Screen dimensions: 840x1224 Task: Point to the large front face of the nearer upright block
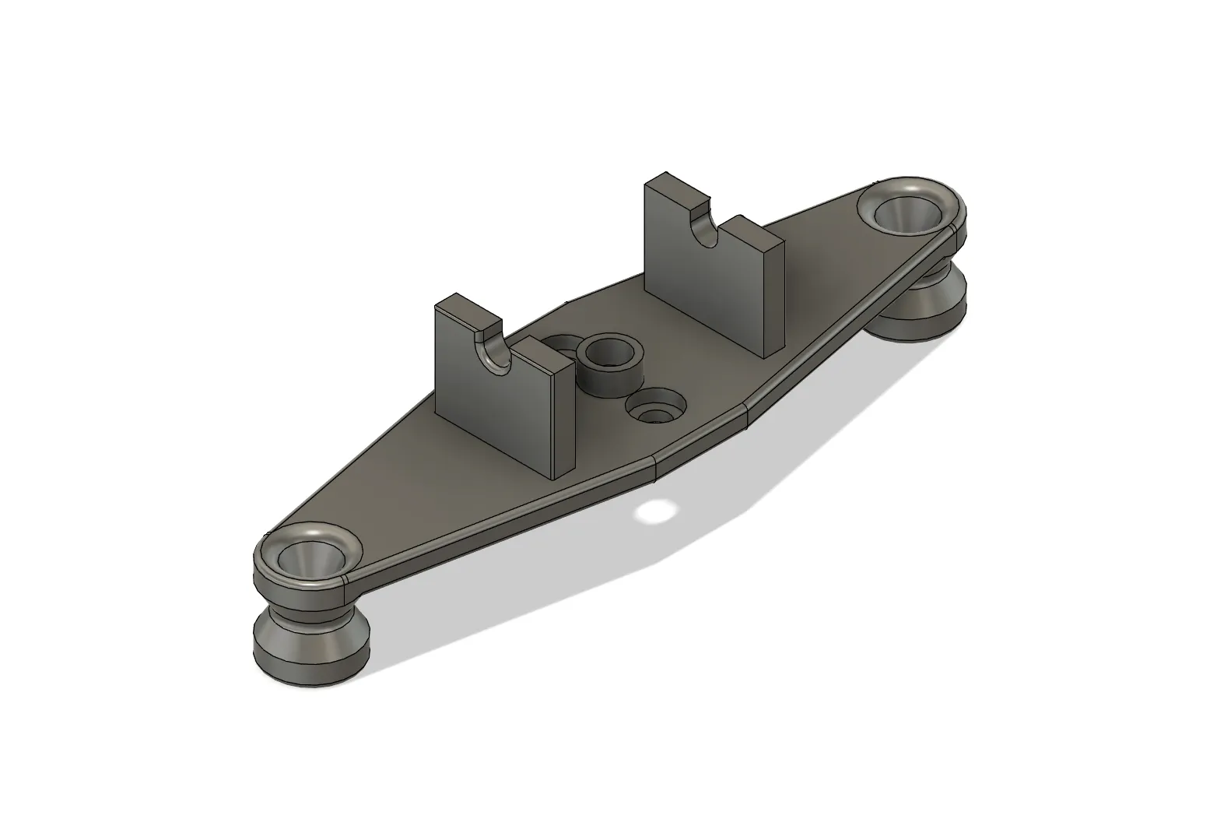click(490, 413)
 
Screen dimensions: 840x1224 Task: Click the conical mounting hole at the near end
click(310, 557)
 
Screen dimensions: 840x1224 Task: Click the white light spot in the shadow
click(655, 511)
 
